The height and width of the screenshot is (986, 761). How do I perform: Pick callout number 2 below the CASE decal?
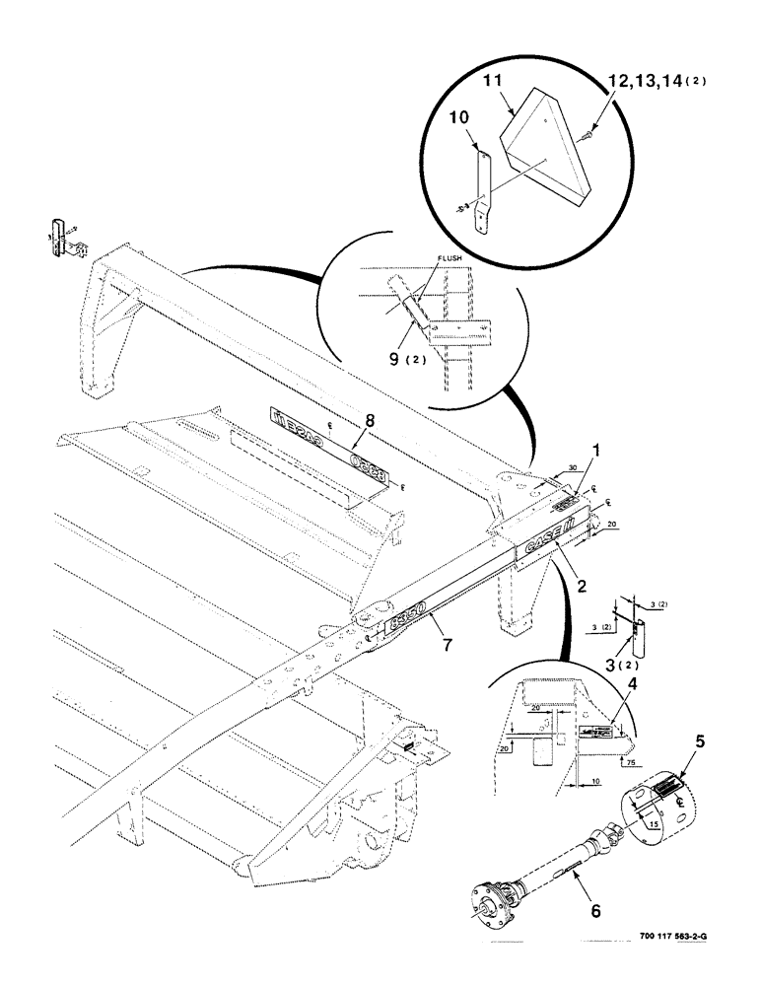click(583, 585)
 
